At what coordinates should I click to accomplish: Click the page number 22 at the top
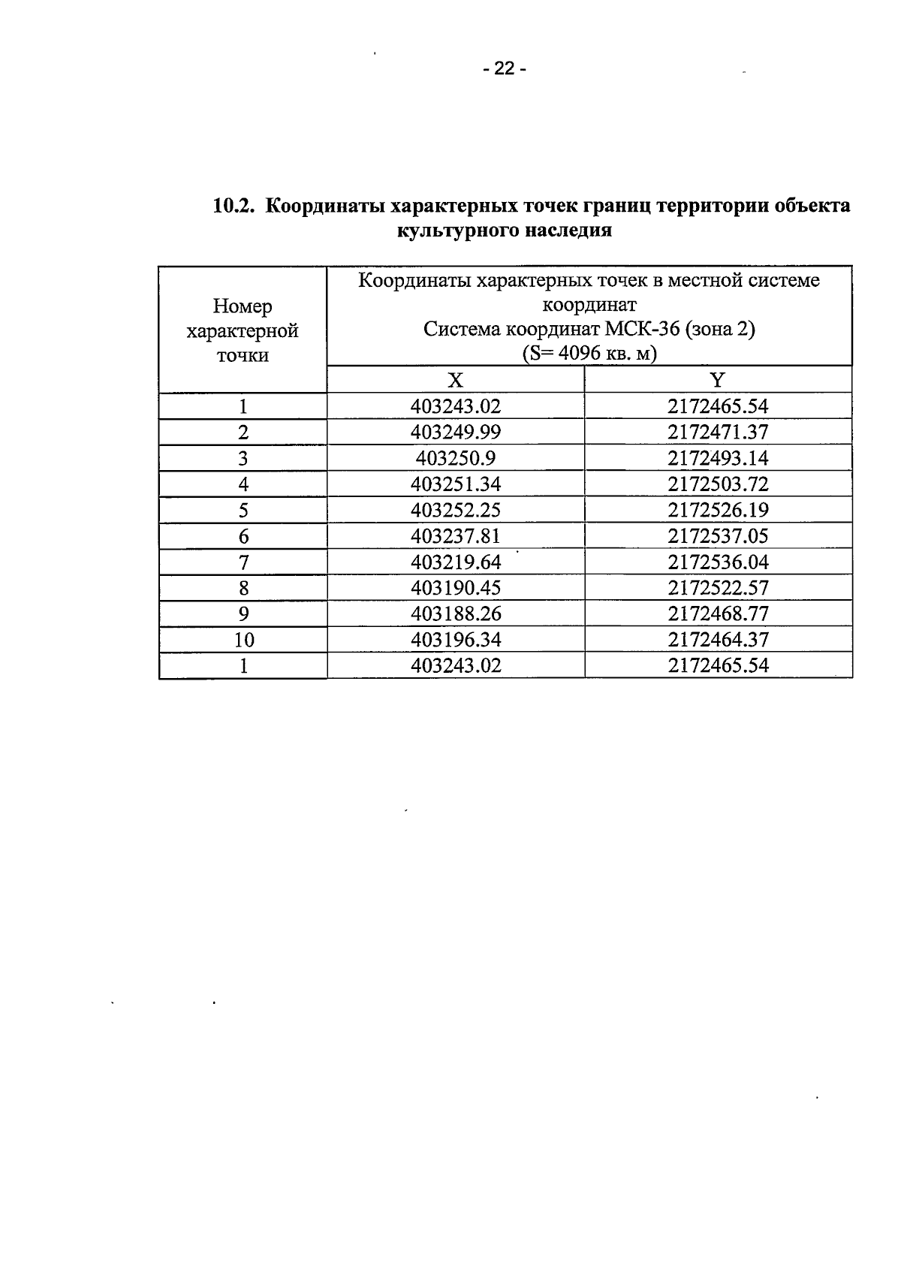coord(505,70)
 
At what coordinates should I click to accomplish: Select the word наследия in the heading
coord(568,231)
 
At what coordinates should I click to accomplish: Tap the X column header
coord(455,379)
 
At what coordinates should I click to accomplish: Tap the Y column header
coord(718,379)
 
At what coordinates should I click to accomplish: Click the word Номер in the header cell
coord(243,306)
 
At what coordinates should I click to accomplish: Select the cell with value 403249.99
coord(456,433)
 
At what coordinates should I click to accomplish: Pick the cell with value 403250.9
coord(456,458)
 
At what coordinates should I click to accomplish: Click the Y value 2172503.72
coord(718,484)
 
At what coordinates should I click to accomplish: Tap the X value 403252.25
coord(456,511)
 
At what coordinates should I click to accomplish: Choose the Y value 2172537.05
coord(718,536)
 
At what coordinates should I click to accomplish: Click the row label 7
coord(243,562)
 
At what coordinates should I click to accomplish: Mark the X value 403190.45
coord(456,588)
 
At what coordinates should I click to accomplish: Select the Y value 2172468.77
coord(718,614)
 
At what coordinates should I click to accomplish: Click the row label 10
coord(243,640)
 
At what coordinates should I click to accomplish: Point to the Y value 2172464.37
coord(718,640)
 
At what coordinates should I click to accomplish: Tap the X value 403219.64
coord(456,562)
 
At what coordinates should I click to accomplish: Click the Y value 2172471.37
coord(718,433)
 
